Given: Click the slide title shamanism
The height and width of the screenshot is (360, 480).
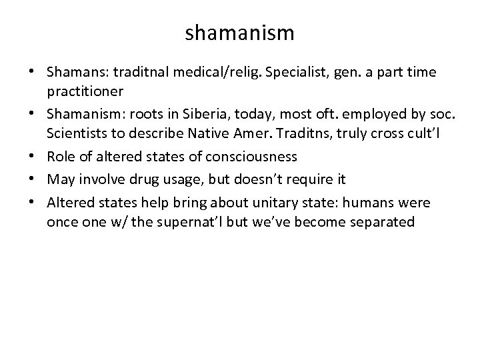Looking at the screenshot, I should pyautogui.click(x=240, y=31).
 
